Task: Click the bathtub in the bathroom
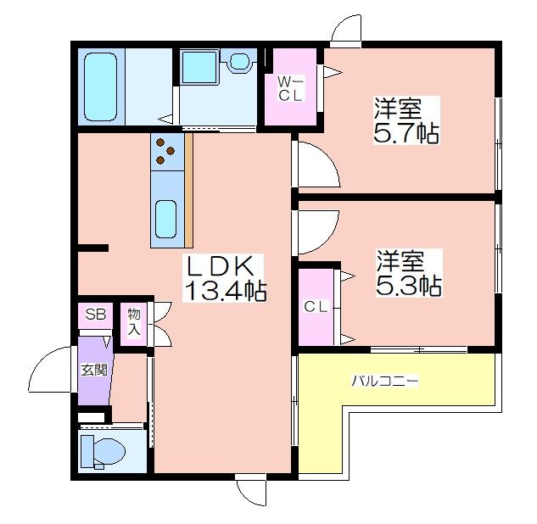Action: coord(101,87)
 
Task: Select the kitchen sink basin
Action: coord(166,220)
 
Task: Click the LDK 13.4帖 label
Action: coord(224,278)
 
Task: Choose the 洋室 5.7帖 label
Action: coord(406,120)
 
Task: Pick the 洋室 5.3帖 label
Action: coord(409,273)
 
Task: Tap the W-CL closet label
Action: coord(290,89)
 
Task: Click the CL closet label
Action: coord(316,306)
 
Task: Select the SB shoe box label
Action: coord(96,314)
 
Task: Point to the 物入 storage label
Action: coord(134,322)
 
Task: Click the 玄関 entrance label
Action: coord(94,370)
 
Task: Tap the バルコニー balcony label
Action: coord(385,381)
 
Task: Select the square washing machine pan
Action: coord(199,67)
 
